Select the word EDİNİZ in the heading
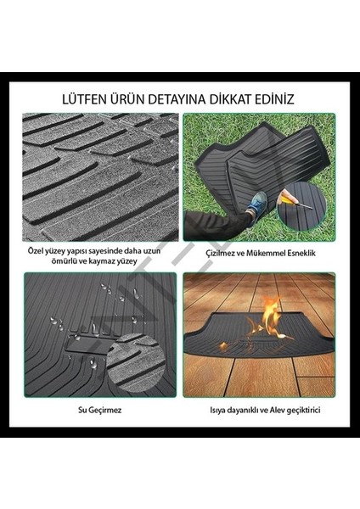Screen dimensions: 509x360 tap(274, 98)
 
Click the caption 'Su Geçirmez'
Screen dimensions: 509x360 tap(99, 411)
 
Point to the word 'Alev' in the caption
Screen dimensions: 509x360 tap(284, 411)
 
